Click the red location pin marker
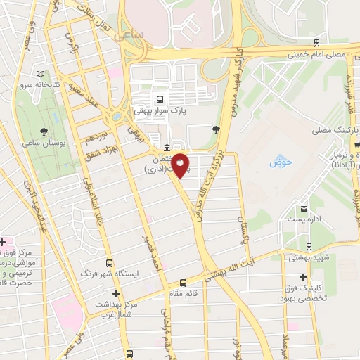pos(181,165)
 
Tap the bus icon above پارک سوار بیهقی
pos(160,99)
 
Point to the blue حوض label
pos(280,163)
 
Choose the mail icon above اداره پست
pos(304,210)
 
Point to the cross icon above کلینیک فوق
pos(302,278)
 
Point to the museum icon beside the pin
pos(166,148)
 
